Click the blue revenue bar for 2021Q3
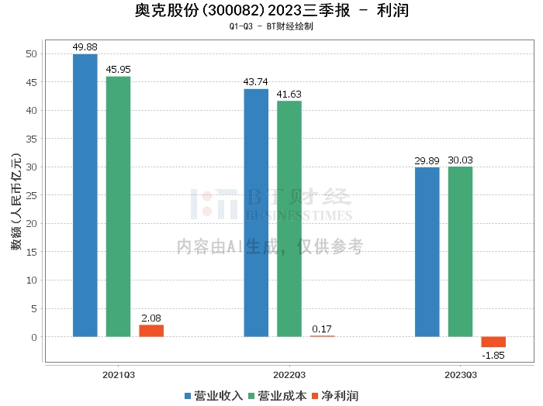point(85,195)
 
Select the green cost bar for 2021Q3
point(119,206)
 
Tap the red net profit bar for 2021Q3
point(151,331)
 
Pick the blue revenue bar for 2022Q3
point(256,213)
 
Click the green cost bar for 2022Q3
point(289,218)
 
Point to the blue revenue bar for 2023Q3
point(427,252)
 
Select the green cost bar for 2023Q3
point(460,252)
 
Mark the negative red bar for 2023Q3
point(493,342)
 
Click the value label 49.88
point(85,47)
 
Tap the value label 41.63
point(289,95)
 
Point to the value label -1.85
point(493,355)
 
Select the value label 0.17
point(323,329)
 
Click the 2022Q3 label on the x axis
point(289,374)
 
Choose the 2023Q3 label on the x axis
point(460,374)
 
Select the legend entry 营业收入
point(213,396)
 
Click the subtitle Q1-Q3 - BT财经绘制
point(271,26)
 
